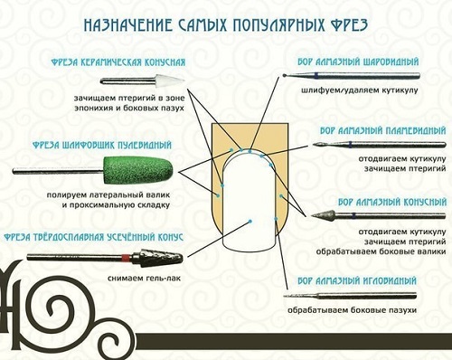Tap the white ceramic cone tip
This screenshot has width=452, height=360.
[174, 81]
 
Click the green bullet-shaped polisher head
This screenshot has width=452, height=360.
[138, 171]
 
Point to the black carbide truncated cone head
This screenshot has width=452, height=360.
[161, 259]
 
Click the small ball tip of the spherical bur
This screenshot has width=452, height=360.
[285, 75]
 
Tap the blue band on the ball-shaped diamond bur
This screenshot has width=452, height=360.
[315, 75]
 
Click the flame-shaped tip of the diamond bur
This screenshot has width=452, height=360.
[318, 145]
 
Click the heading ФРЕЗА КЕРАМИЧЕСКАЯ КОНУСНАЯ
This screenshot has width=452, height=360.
[118, 62]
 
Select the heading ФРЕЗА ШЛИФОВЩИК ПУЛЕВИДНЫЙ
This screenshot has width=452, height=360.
[102, 146]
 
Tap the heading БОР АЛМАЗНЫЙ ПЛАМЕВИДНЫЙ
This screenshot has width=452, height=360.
[382, 131]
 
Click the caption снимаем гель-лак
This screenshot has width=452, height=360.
[145, 278]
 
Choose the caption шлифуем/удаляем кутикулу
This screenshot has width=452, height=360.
[360, 90]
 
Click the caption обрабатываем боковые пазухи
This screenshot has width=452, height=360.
[352, 310]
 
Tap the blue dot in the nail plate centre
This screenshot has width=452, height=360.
[250, 221]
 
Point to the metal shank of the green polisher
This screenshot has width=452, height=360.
[58, 171]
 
